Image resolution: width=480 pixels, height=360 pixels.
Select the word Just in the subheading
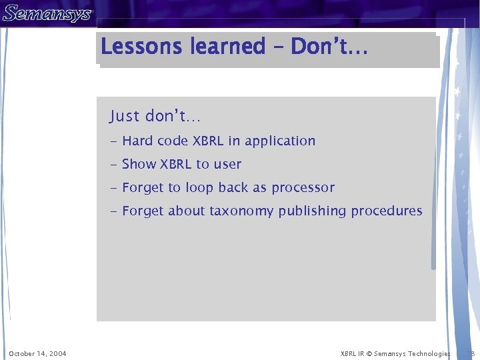coord(125,116)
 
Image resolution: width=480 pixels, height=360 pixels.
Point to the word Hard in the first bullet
coord(137,141)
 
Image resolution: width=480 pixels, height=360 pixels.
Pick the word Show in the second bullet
coord(139,164)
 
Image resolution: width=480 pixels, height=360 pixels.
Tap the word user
coord(227,165)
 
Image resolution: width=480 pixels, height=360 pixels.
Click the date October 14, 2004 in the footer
coord(37,353)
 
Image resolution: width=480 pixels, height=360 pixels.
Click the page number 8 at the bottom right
coord(472,353)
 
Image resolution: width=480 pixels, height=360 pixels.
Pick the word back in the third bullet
coord(233,188)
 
